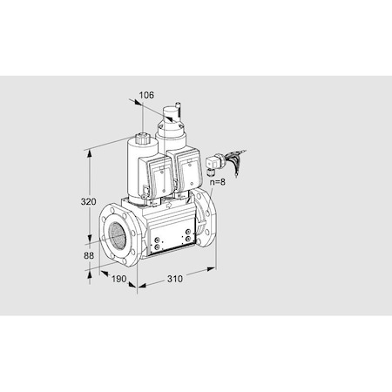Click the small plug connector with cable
215,161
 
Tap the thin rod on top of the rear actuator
174,105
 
